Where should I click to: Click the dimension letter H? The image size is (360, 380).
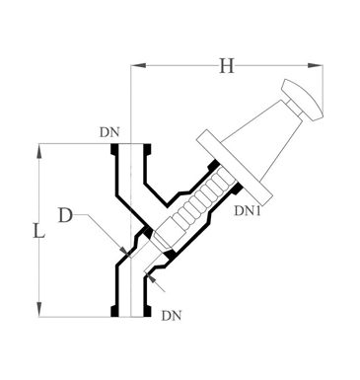(227, 66)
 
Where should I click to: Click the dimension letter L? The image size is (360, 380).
(38, 230)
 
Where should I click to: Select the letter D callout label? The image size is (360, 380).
(65, 216)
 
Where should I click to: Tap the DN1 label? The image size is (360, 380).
(248, 210)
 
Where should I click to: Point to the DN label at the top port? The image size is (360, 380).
(109, 132)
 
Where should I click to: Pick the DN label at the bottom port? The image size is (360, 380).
(172, 316)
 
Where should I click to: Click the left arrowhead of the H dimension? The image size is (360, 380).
(138, 65)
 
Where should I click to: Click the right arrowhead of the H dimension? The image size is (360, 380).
(315, 65)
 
